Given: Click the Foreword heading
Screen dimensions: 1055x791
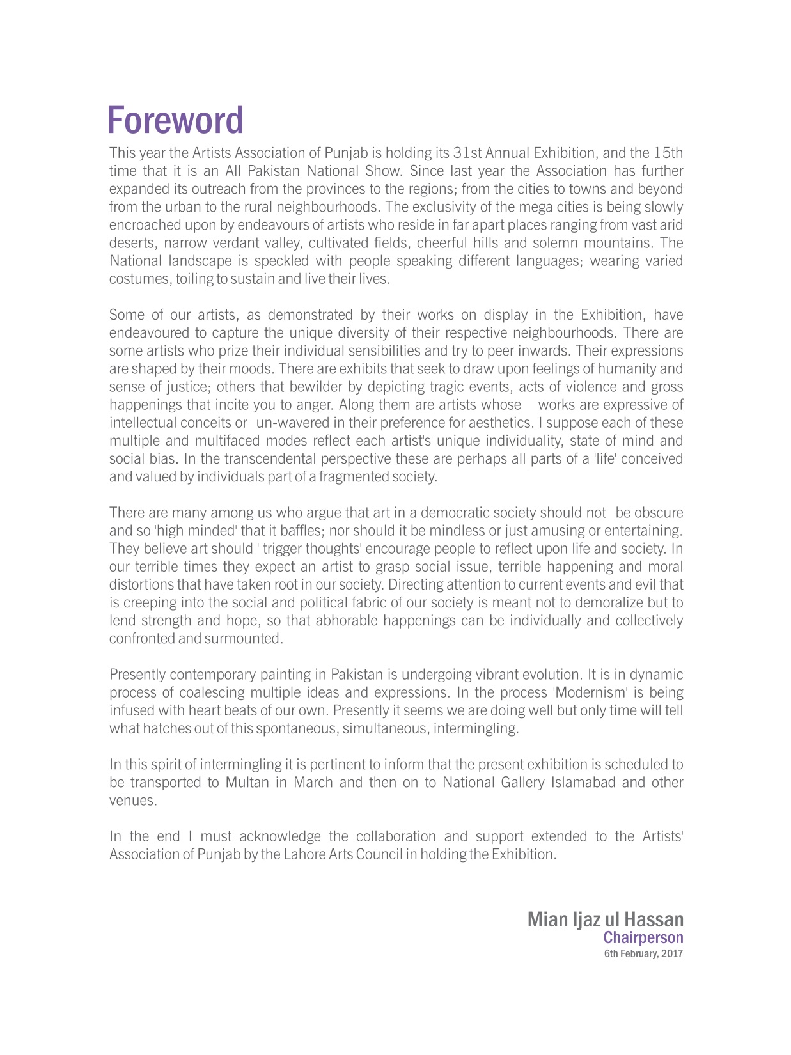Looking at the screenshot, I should [x=175, y=120].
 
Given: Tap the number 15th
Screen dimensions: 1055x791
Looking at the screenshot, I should [x=668, y=153].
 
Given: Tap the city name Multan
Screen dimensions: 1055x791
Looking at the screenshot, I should [x=247, y=783].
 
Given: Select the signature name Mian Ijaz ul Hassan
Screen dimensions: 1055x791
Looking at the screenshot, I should [x=605, y=919].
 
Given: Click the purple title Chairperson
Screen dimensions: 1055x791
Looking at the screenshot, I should [x=643, y=938].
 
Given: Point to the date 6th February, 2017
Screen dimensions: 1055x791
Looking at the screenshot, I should [x=643, y=954].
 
